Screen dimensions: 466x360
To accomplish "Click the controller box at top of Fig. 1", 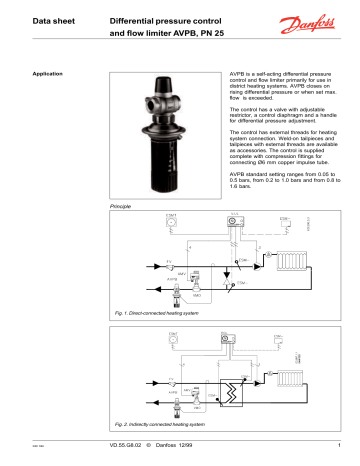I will (233, 219).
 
